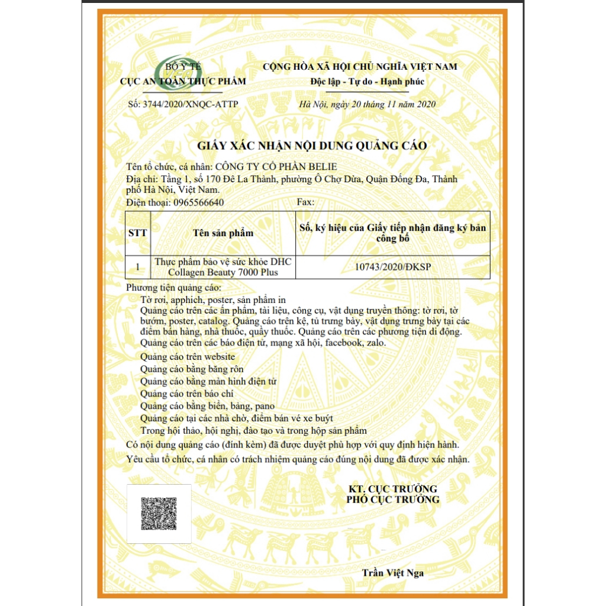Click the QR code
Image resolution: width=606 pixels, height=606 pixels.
(x=159, y=514)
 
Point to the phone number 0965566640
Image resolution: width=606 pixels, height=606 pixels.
(x=198, y=202)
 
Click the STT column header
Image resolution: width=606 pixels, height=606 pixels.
(x=138, y=233)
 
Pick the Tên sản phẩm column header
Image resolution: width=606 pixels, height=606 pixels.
(x=223, y=233)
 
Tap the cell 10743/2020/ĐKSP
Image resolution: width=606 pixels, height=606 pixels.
(x=392, y=267)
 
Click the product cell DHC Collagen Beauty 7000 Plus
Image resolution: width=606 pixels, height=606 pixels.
(x=223, y=267)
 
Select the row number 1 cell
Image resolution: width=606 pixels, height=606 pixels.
(x=138, y=267)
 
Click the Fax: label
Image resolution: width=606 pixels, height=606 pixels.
(x=305, y=202)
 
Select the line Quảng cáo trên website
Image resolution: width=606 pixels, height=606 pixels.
(x=188, y=356)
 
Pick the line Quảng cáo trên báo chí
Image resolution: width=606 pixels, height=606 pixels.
(x=187, y=394)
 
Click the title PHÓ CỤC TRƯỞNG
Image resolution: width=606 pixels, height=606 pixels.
(x=393, y=499)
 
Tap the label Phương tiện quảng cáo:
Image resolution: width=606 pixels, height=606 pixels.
(x=174, y=288)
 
